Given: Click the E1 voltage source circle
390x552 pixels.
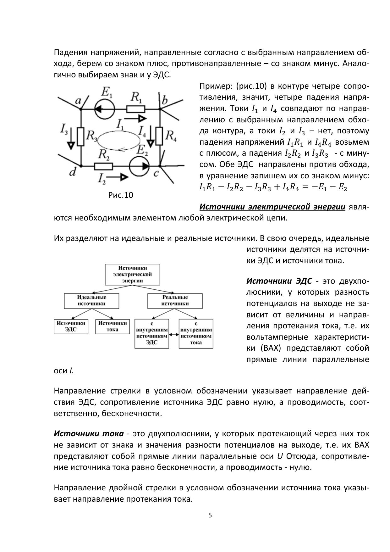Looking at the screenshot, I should coord(104,109).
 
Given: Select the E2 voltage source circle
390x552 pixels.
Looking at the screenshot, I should coord(139,165).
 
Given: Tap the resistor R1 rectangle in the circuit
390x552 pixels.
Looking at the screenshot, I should coord(136,109).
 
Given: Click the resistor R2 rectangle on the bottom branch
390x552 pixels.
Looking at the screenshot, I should coord(103,166).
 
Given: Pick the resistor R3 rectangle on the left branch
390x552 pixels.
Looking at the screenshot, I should coord(81,137).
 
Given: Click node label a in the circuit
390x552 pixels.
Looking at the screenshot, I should coord(78,100).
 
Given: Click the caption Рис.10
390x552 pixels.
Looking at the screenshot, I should coord(121,195).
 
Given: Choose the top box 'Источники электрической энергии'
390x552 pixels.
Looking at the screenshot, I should coord(132,274).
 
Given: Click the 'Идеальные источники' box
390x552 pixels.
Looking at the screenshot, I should coord(91,301).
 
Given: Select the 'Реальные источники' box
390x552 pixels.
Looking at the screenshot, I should coord(175,301).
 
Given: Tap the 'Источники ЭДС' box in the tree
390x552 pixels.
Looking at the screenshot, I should coord(71,326).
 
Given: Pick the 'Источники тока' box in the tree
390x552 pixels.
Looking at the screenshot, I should coord(113,326).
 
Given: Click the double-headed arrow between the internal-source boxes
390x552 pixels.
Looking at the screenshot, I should coord(174,335).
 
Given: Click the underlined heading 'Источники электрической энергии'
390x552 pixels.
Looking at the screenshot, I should coord(272,207).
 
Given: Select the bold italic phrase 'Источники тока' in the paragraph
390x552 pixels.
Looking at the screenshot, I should coord(89,434).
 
